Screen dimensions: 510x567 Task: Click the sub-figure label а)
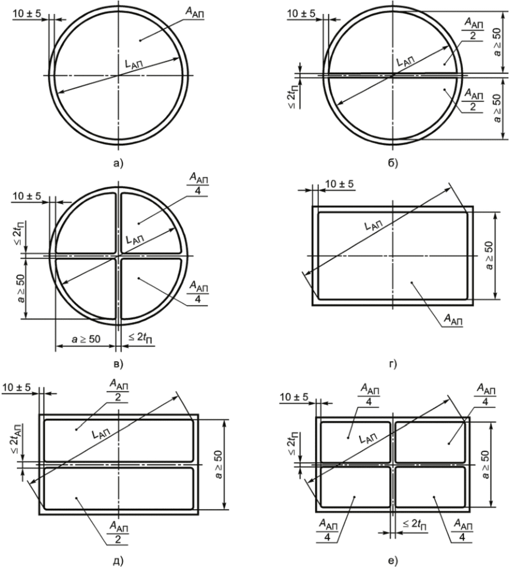click(118, 163)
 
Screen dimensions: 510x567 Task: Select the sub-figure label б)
click(392, 163)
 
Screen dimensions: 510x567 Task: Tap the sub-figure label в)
click(118, 364)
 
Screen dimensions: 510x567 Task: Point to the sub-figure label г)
click(393, 364)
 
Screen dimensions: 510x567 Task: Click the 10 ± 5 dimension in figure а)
click(27, 13)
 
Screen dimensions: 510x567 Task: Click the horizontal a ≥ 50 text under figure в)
click(86, 339)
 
